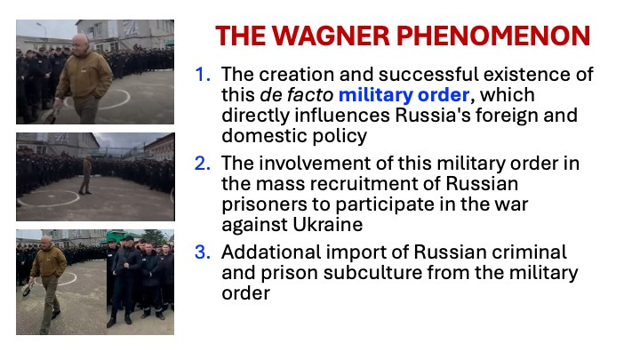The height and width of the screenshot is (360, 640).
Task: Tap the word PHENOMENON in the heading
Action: pos(493,36)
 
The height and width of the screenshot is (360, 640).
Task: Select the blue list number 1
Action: pos(203,75)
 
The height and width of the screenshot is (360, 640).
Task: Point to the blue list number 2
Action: pos(203,164)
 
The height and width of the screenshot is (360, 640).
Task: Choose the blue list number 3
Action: pos(203,252)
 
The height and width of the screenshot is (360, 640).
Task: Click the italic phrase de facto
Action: pos(296,95)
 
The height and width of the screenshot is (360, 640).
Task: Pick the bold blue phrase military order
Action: pos(404,95)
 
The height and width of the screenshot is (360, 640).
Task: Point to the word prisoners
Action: pos(264,204)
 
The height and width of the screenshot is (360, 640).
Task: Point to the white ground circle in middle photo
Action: pos(49,198)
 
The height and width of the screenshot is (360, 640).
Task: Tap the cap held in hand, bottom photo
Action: pos(27,290)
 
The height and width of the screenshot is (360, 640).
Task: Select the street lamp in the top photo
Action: pos(42,30)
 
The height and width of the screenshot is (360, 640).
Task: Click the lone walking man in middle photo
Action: pos(86,175)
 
